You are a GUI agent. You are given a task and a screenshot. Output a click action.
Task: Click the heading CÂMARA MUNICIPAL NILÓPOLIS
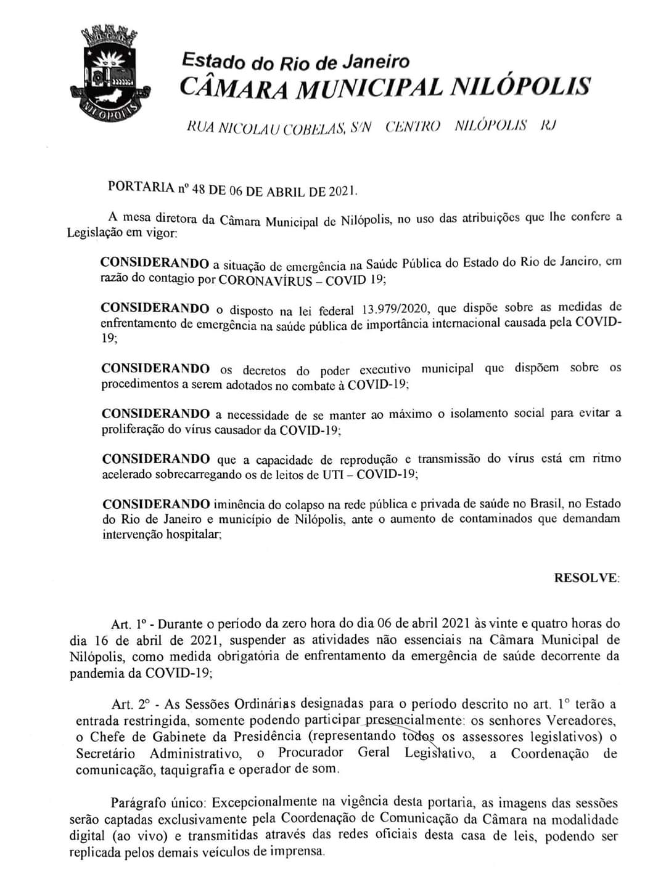pyautogui.click(x=385, y=87)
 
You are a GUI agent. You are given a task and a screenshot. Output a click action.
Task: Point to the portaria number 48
pyautogui.click(x=199, y=189)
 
